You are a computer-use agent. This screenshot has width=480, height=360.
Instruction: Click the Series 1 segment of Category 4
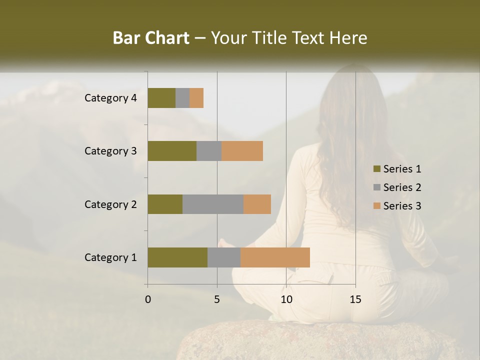[x=161, y=98]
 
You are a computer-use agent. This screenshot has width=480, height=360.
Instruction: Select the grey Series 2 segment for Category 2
[x=213, y=204]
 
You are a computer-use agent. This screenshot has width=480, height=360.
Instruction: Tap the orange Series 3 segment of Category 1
[x=275, y=257]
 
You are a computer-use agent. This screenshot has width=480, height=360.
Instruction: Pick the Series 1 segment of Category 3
[x=172, y=151]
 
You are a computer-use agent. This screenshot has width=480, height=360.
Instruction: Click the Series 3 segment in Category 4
[x=196, y=98]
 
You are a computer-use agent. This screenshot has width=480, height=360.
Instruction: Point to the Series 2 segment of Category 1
[x=224, y=257]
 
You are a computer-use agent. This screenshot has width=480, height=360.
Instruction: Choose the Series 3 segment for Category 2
[x=257, y=204]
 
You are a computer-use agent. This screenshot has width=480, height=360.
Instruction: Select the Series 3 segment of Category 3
[x=242, y=151]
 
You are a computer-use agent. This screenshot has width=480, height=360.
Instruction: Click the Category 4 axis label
[x=110, y=98]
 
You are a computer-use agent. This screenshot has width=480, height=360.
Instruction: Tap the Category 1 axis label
[x=110, y=257]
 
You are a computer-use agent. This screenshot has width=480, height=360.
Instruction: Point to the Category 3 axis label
[x=110, y=151]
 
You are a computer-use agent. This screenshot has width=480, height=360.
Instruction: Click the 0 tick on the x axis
[x=148, y=299]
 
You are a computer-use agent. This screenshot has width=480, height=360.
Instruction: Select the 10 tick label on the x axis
[x=286, y=299]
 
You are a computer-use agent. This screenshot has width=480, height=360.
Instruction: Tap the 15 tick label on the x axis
[x=355, y=299]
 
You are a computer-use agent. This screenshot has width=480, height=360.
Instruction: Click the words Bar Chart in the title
[x=151, y=38]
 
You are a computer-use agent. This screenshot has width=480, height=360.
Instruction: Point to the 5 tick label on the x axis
[x=217, y=299]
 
